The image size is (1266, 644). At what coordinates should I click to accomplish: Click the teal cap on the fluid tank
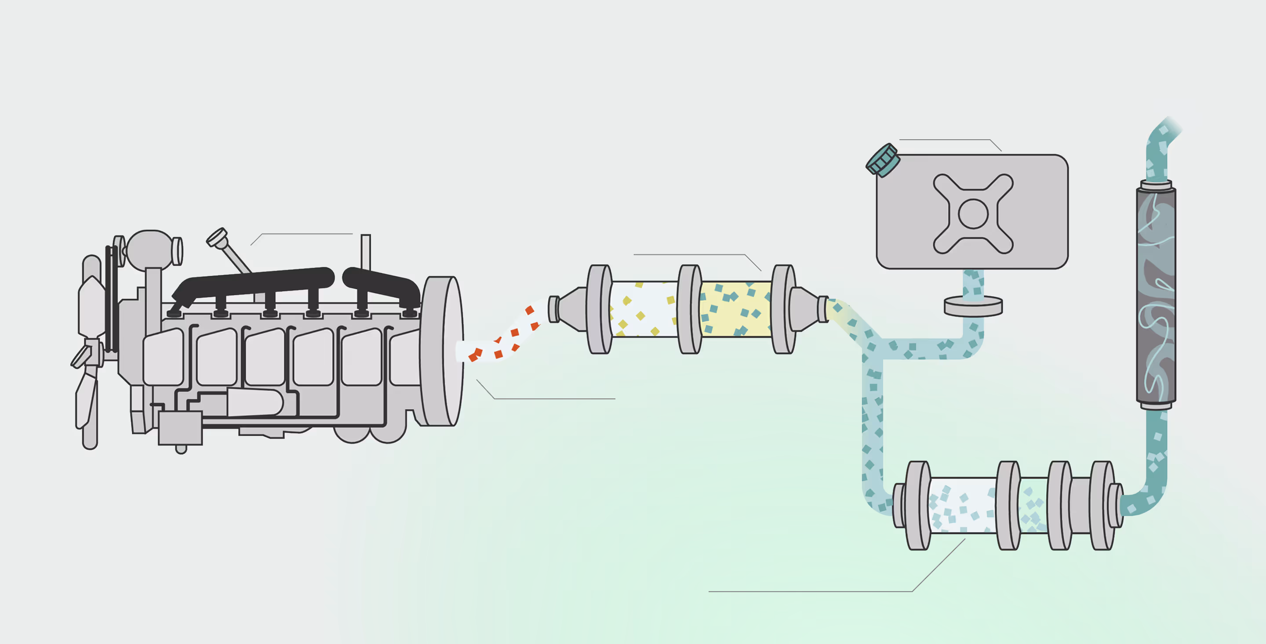click(883, 160)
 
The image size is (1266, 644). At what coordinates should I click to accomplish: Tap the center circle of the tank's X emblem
click(973, 213)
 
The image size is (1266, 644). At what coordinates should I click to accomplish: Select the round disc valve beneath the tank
click(973, 307)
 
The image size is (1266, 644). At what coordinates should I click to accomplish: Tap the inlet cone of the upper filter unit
click(570, 309)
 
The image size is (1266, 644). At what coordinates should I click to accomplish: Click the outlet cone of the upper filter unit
click(806, 309)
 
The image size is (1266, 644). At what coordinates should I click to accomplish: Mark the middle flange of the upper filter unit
click(690, 309)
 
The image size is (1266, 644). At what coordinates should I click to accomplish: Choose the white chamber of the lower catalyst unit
click(962, 505)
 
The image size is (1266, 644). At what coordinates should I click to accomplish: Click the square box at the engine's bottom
click(180, 428)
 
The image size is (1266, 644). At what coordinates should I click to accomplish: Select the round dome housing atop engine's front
click(150, 249)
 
